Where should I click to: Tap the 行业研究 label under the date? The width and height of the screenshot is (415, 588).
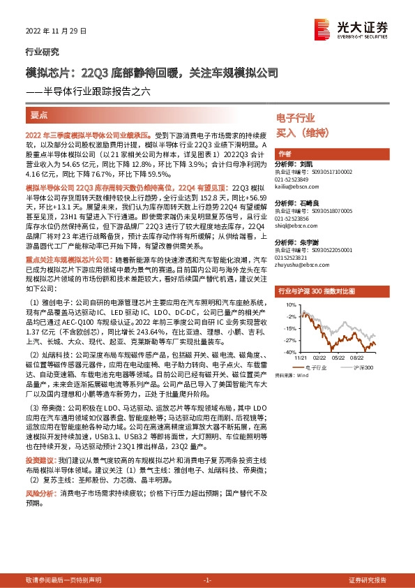[42, 52]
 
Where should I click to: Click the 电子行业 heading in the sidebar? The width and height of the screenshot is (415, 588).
[296, 118]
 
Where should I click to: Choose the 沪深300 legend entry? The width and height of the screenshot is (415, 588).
[357, 366]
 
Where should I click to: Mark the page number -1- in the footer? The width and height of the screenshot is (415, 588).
[207, 580]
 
